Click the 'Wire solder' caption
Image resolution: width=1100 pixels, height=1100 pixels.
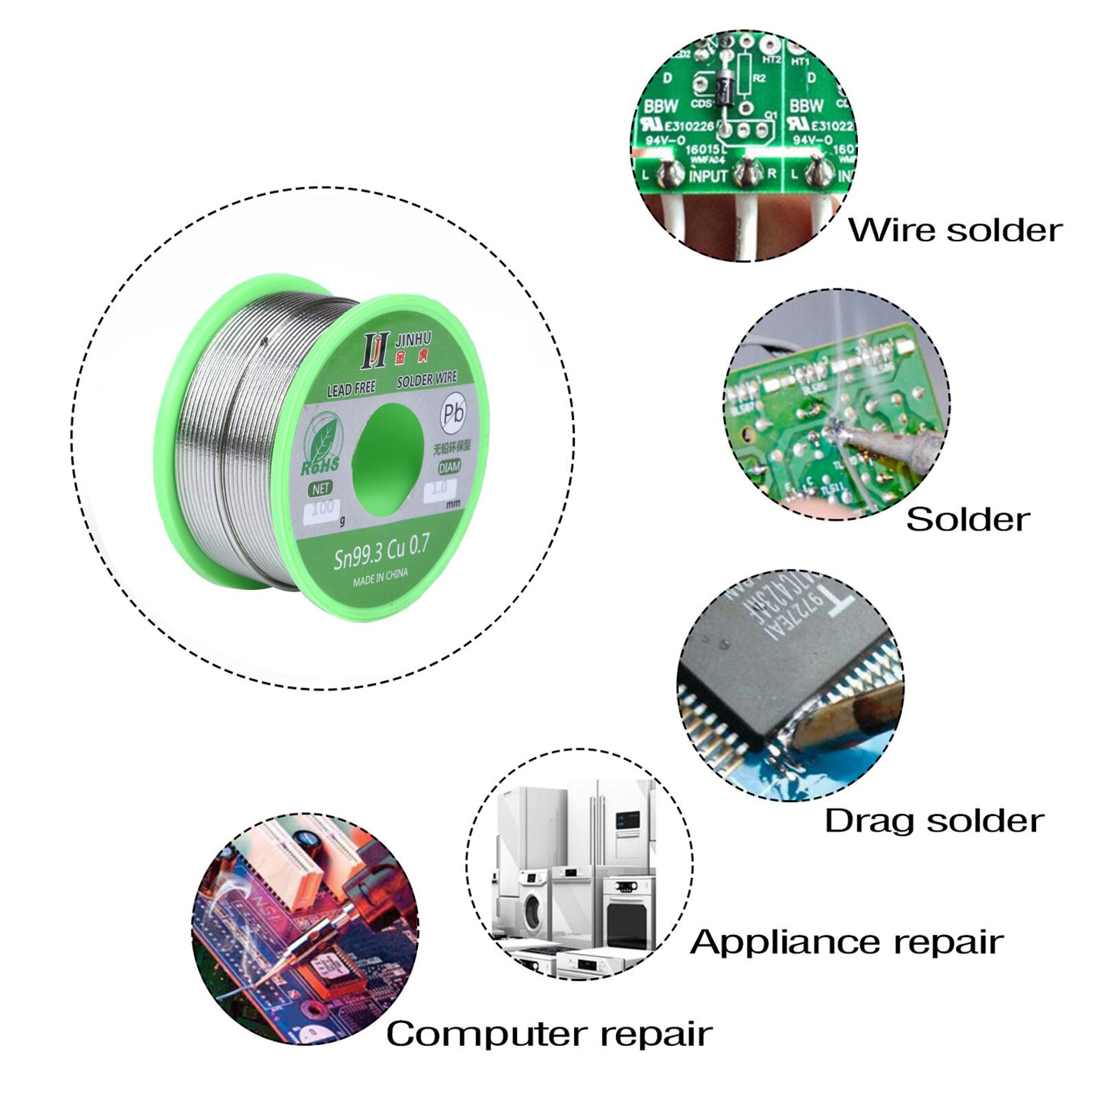tap(955, 230)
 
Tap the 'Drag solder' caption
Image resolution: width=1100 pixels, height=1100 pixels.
tap(934, 821)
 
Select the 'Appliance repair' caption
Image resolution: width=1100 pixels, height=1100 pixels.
tap(847, 942)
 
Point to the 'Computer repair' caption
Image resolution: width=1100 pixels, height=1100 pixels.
tap(549, 1033)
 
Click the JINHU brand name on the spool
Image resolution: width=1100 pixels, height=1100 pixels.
tap(413, 339)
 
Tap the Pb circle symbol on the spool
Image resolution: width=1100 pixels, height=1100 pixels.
tap(453, 413)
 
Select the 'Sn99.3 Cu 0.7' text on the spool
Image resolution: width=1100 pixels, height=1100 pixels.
tap(381, 551)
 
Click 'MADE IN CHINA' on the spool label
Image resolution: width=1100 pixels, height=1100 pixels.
tap(380, 576)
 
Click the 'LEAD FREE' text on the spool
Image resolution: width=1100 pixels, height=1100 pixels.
tap(351, 389)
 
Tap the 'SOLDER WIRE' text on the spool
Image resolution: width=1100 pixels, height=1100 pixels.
tap(426, 378)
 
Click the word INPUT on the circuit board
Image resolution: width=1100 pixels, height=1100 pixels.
tap(708, 176)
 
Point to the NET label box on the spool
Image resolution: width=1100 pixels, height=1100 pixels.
tap(320, 488)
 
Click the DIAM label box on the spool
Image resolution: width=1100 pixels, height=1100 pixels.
tap(449, 467)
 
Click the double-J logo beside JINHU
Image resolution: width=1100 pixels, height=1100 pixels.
tap(375, 349)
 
